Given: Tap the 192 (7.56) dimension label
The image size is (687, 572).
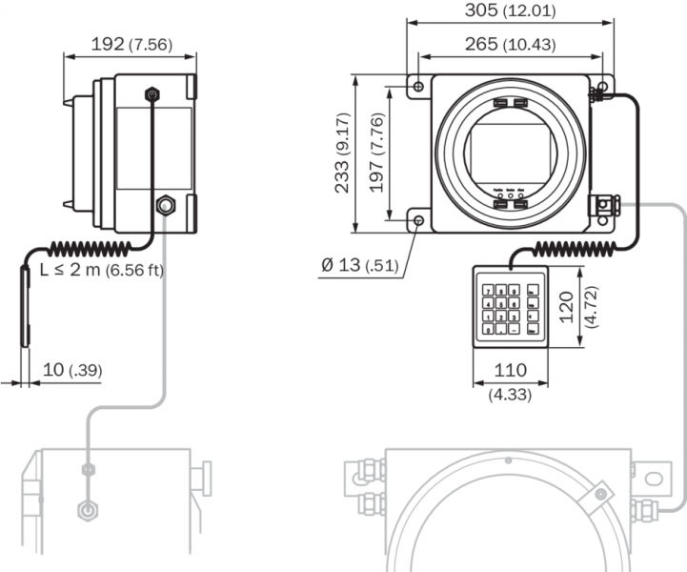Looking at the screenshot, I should coord(130,43).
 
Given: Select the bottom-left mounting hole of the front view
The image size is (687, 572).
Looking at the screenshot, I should coord(420,221).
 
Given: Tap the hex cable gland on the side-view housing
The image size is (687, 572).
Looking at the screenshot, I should coord(166,204).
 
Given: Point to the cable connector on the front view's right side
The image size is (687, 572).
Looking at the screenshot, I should coord(603,205).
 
